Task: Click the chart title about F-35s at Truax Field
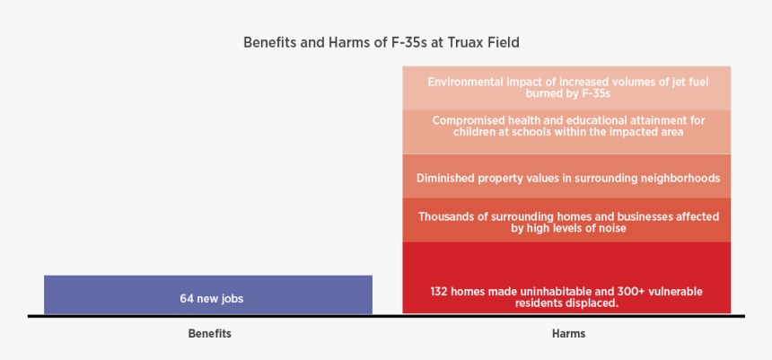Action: point(382,42)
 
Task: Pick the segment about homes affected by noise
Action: point(566,222)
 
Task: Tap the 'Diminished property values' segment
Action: point(566,177)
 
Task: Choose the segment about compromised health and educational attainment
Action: point(566,126)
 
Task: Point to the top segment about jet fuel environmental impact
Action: point(566,87)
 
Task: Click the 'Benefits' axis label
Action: point(209,333)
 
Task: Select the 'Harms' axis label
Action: point(568,333)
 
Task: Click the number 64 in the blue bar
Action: point(186,298)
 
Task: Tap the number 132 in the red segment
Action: point(439,292)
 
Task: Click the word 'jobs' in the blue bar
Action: point(231,298)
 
